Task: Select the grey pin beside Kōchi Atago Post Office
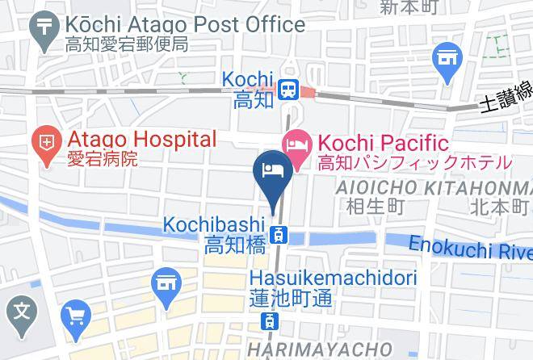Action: point(42,25)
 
